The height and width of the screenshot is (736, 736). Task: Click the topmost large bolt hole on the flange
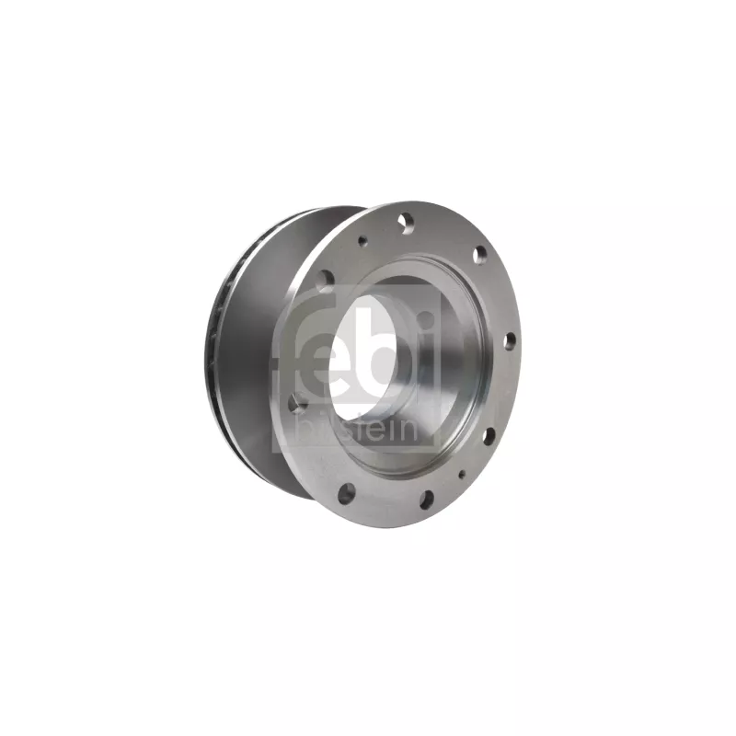(x=407, y=221)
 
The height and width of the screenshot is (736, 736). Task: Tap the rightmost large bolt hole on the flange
(x=511, y=341)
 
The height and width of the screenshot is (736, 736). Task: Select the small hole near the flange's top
(x=362, y=241)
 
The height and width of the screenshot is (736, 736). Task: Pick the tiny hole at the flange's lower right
(x=462, y=474)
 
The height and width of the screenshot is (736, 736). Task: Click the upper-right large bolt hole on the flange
(x=479, y=255)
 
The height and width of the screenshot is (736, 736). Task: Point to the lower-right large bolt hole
(x=489, y=435)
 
